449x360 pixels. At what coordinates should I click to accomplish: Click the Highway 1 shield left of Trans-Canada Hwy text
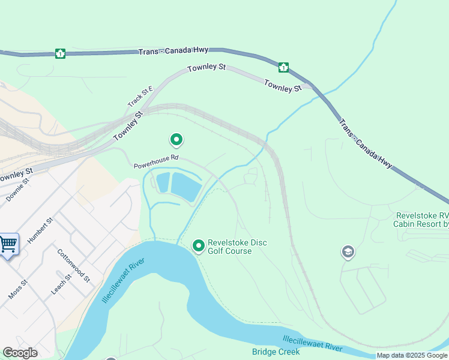(60, 53)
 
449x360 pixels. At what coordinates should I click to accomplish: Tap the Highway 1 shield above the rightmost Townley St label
(283, 67)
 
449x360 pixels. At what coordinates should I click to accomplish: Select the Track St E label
(140, 97)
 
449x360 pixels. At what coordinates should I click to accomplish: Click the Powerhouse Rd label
(156, 161)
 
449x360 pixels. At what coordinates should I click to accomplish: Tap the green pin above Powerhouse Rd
(176, 140)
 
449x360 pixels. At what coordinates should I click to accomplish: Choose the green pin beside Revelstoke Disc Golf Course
(199, 245)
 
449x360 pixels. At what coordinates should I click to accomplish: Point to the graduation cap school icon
(348, 252)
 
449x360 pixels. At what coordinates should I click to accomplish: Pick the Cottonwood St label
(74, 265)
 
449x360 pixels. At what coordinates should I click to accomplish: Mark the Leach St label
(61, 283)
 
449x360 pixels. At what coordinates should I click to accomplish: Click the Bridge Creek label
(276, 352)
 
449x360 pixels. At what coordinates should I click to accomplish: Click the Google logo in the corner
(20, 353)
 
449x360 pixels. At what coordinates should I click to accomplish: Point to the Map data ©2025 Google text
(412, 356)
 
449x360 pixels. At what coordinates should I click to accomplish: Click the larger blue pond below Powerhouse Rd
(186, 186)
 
